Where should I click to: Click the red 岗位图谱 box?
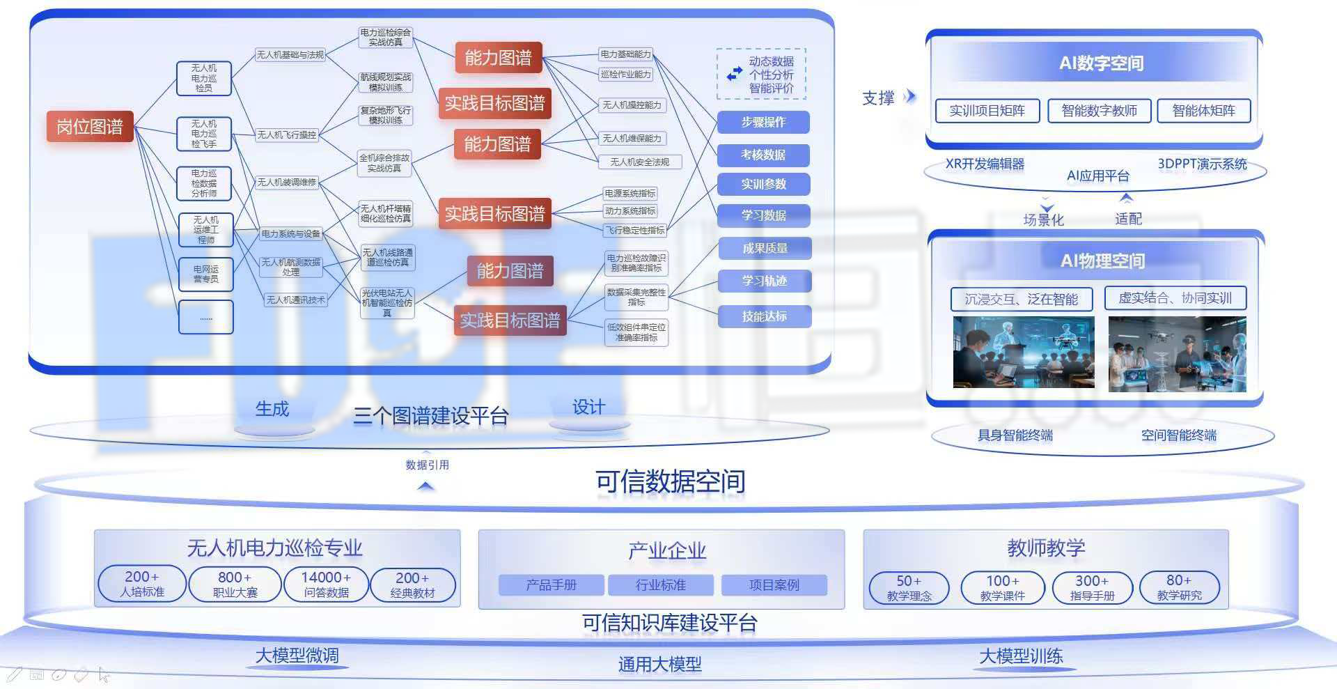click(90, 127)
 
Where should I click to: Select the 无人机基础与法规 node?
click(290, 54)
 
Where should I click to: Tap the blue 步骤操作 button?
click(763, 122)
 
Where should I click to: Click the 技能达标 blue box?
click(764, 316)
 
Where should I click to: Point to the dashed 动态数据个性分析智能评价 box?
click(762, 74)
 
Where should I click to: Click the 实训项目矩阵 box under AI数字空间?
click(987, 111)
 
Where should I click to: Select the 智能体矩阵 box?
click(1203, 111)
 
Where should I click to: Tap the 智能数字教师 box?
click(1099, 111)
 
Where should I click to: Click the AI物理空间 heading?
click(1102, 261)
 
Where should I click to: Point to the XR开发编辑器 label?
click(985, 164)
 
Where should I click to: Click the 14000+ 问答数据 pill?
click(326, 585)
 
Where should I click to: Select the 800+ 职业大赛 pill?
click(235, 585)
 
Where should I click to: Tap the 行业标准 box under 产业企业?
click(660, 585)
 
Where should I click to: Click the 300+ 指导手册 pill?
click(1091, 587)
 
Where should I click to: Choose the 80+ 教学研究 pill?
click(1179, 587)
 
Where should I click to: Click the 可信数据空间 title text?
click(670, 481)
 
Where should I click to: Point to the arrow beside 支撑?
click(909, 97)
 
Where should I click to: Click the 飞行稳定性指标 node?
click(634, 230)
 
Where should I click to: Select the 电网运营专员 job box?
click(205, 274)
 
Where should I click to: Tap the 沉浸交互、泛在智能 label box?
click(1021, 300)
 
